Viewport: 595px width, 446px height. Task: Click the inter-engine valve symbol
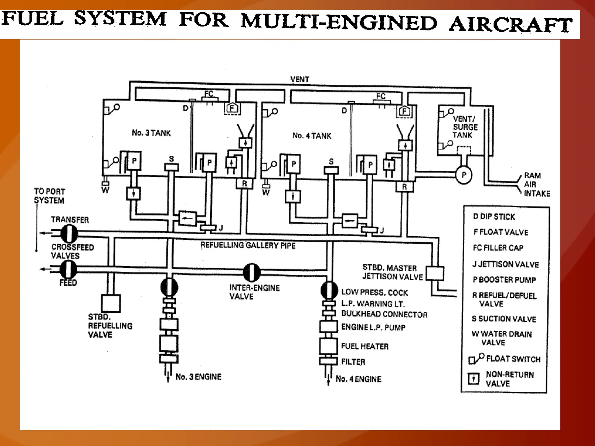click(x=252, y=272)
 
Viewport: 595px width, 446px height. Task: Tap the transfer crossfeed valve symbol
click(x=69, y=233)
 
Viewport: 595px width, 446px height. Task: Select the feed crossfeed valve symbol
click(x=69, y=269)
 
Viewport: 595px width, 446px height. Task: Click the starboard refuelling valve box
click(x=111, y=303)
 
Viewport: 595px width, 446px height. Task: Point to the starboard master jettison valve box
click(x=435, y=274)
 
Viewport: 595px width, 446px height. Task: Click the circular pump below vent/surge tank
click(x=464, y=175)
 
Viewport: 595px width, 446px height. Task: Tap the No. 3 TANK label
click(x=151, y=133)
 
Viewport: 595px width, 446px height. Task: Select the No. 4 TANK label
click(x=312, y=136)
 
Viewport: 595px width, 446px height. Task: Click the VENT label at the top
click(x=300, y=79)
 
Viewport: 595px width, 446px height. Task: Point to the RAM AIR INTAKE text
click(x=537, y=184)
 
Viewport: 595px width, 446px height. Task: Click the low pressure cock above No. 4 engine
click(x=329, y=290)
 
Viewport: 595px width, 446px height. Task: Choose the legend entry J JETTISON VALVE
click(x=506, y=264)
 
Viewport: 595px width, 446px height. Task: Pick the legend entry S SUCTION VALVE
click(x=504, y=319)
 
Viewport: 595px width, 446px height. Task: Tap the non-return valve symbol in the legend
click(x=474, y=379)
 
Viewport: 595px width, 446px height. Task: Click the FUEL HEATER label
click(x=365, y=346)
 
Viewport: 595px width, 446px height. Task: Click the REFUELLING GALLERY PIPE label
click(x=248, y=245)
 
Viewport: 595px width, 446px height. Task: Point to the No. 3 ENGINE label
click(x=198, y=377)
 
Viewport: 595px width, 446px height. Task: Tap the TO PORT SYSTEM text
click(x=49, y=196)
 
